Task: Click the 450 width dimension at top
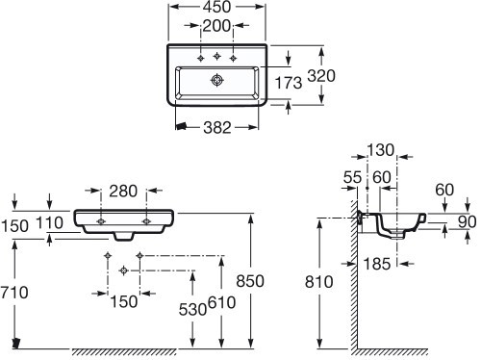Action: coord(217,7)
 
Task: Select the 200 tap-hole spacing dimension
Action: coord(217,26)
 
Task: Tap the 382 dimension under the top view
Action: coord(217,128)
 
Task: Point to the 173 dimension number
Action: coord(289,83)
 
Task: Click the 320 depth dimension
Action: coord(321,76)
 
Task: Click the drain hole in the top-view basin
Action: coord(217,80)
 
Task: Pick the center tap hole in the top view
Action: coord(217,56)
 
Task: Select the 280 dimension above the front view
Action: coord(123,191)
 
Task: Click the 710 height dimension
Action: coord(14,293)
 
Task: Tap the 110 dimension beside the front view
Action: coord(49,222)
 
